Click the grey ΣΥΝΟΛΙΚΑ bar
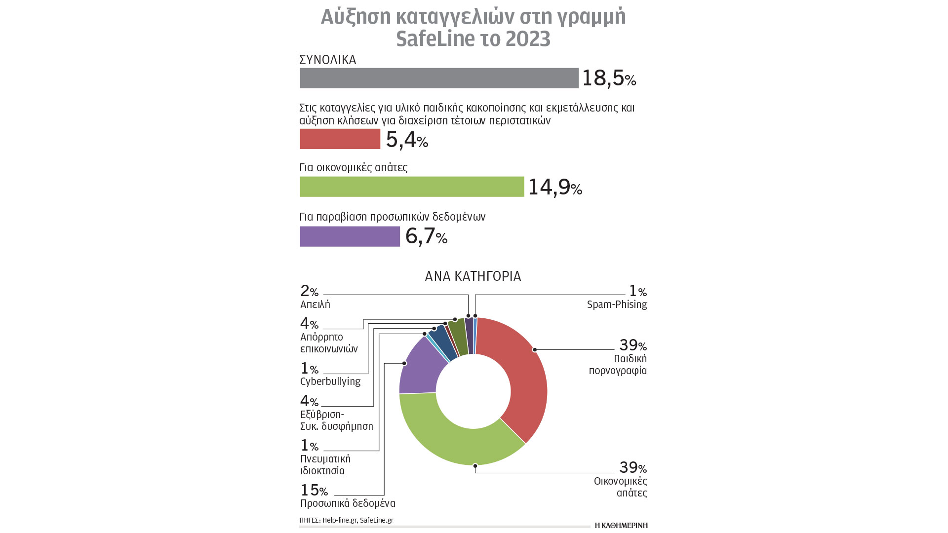439,78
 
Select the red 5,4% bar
340,139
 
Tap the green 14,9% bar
412,187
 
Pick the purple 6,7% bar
350,236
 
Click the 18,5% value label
609,78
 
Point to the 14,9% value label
555,187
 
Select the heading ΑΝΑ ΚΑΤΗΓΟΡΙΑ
473,276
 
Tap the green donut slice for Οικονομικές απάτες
459,444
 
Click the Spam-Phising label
617,305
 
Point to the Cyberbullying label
330,381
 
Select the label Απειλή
315,305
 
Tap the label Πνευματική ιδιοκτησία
325,464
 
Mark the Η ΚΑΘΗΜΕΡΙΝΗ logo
621,525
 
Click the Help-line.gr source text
339,520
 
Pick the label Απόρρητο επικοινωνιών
329,343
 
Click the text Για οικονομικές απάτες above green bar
354,167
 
